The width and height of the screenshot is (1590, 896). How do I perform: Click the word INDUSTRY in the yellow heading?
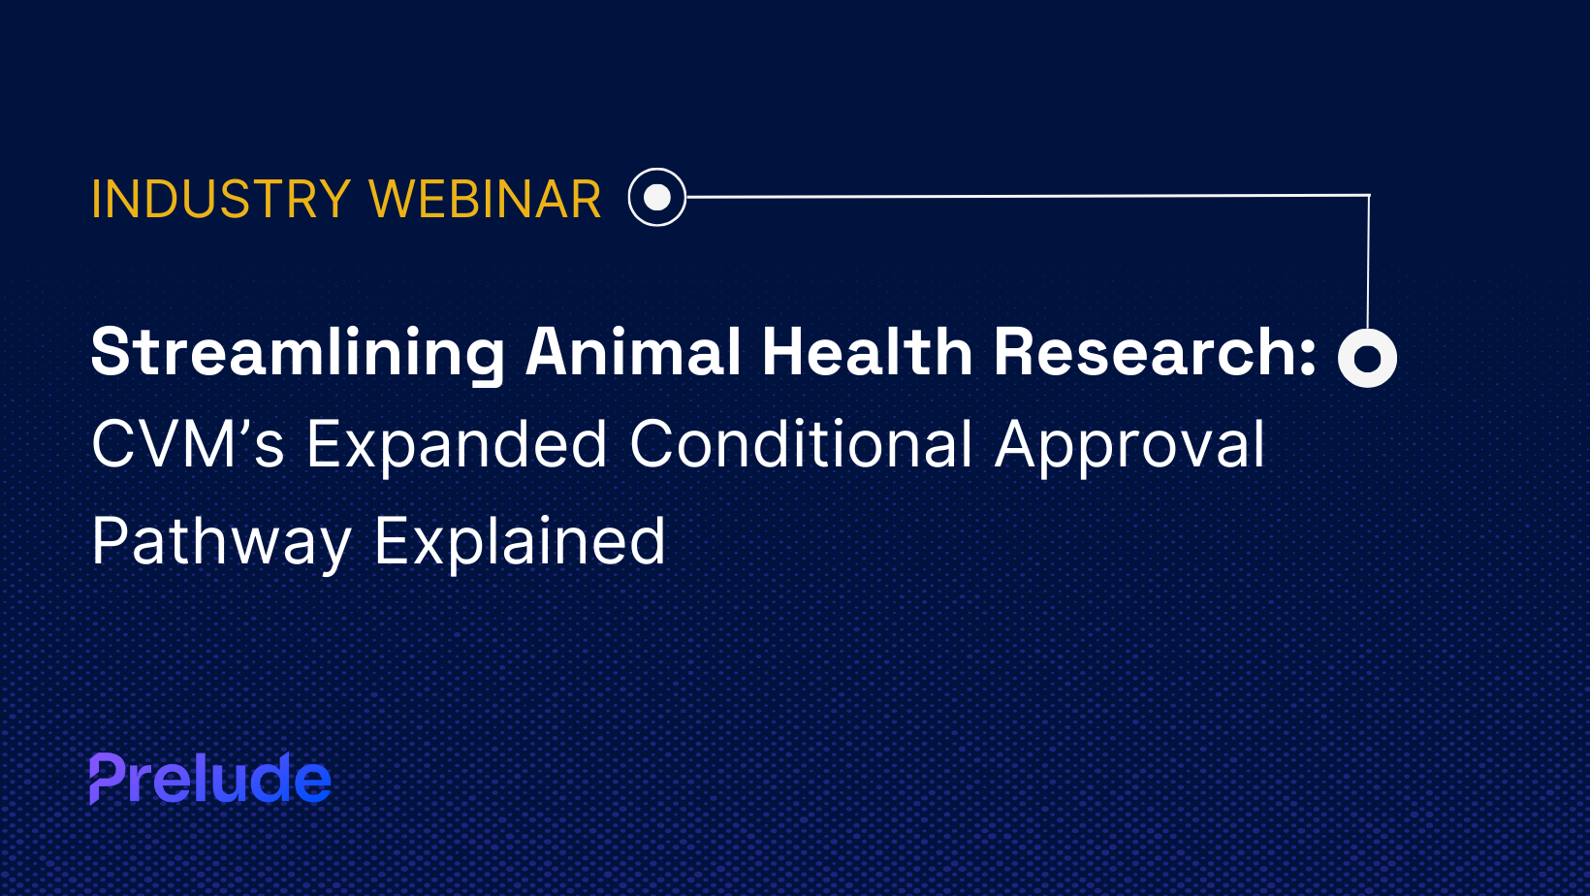[x=221, y=199]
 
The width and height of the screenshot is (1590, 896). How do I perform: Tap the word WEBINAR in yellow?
[x=486, y=199]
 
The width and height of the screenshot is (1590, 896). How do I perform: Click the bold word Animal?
[x=633, y=352]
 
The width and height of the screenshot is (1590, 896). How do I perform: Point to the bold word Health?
[x=867, y=352]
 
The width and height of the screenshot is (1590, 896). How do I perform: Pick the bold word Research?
[x=1146, y=352]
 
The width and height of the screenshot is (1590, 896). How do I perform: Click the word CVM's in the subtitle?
[x=188, y=444]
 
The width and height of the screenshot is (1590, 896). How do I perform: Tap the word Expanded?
[x=457, y=446]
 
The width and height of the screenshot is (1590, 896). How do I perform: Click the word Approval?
[x=1130, y=446]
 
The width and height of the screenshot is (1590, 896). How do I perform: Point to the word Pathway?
[x=221, y=542]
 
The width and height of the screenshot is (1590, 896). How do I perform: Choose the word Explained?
[x=521, y=542]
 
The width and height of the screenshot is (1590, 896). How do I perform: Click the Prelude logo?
[x=210, y=778]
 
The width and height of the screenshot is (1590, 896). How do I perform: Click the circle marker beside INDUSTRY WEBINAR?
[x=657, y=198]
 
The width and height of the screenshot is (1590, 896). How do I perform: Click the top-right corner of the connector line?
[x=1369, y=195]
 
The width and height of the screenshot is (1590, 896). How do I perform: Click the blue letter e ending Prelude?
[x=313, y=783]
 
